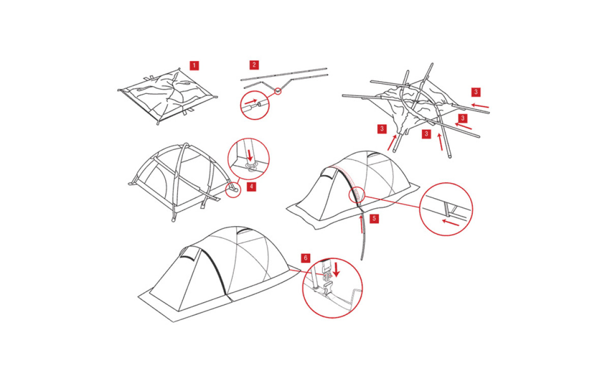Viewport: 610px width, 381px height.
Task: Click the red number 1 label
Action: point(194,66)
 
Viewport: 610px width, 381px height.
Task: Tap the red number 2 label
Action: point(254,65)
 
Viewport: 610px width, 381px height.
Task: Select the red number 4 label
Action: point(251,186)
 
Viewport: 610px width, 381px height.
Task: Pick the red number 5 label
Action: point(374,218)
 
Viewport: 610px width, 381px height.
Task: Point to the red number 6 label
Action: point(306,258)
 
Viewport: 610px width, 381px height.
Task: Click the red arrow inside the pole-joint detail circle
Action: point(251,102)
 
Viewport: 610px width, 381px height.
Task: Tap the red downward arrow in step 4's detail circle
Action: point(250,155)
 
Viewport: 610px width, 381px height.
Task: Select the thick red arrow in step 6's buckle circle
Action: point(337,269)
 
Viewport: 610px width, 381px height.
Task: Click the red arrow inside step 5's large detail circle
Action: point(450,223)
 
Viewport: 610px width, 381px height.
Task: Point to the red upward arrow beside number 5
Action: point(361,224)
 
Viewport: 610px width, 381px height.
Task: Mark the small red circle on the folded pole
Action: point(278,91)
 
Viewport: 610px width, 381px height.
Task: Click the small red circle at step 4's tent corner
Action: point(233,189)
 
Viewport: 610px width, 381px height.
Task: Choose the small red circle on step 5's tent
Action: point(357,195)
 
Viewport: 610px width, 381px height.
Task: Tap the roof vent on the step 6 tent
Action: point(244,231)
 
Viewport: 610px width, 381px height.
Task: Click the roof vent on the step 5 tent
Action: point(374,155)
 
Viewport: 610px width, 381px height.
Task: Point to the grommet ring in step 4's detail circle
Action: point(251,165)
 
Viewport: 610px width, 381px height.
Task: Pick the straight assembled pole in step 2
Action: point(284,74)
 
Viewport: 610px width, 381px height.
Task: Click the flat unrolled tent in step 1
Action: point(167,96)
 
